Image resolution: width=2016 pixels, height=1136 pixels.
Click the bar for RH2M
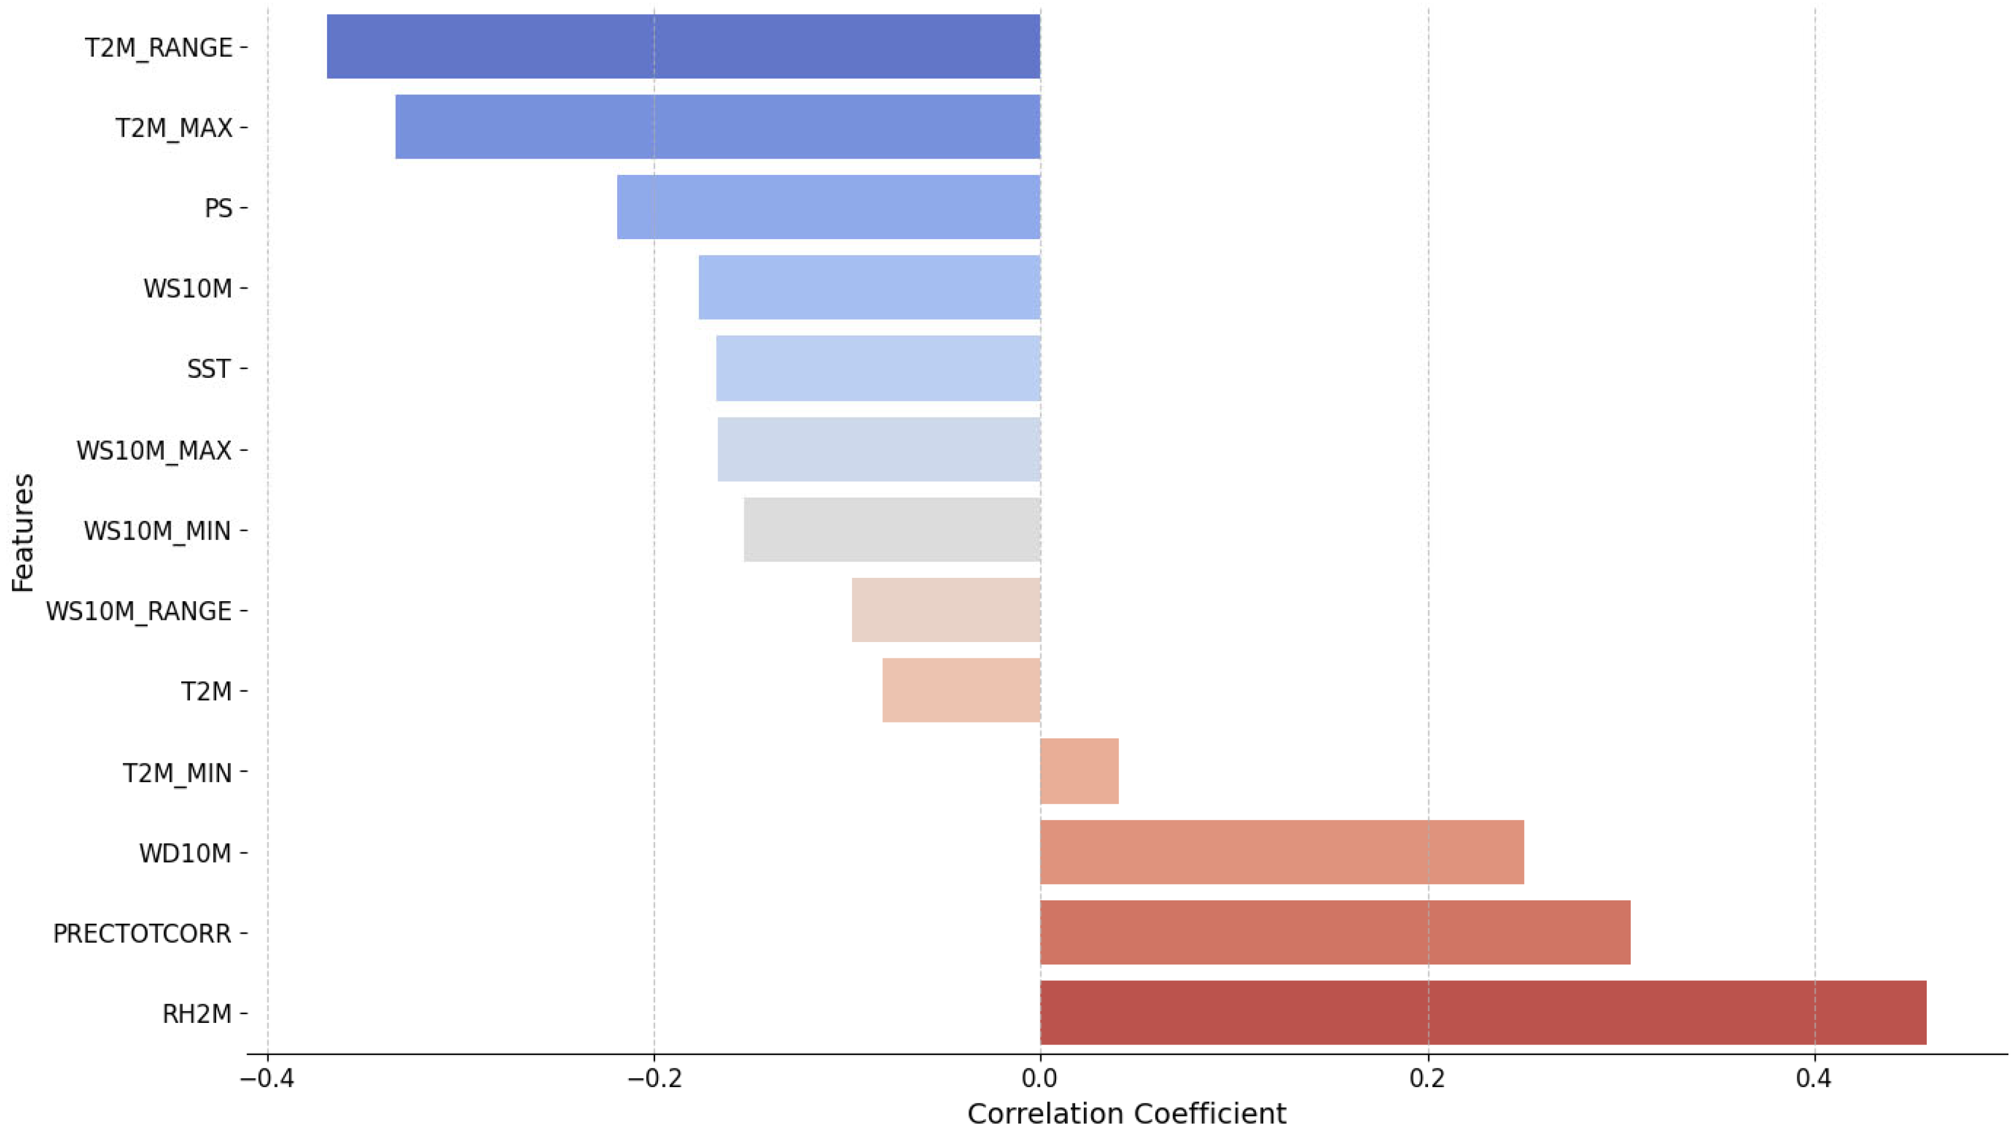point(1483,1012)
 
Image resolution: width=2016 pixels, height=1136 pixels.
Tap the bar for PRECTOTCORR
point(1335,932)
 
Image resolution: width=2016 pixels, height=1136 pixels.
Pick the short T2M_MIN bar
point(1079,771)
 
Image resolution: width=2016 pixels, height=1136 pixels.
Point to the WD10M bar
point(1282,852)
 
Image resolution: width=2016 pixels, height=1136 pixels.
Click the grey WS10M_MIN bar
point(892,530)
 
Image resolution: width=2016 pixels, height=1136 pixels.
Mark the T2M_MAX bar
point(717,127)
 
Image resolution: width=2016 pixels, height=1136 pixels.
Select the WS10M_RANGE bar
point(946,610)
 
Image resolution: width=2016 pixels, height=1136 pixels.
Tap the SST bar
point(878,368)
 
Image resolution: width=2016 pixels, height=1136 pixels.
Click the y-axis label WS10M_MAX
point(154,450)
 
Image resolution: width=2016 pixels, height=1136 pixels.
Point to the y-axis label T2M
point(206,691)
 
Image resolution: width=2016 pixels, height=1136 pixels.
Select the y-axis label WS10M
point(188,288)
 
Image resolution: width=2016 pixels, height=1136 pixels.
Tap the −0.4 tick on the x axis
point(267,1079)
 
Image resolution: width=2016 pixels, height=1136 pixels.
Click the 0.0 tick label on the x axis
point(1040,1079)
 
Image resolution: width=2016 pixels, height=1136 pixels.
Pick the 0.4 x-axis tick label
point(1814,1079)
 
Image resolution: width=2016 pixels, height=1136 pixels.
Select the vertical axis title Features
point(23,532)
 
